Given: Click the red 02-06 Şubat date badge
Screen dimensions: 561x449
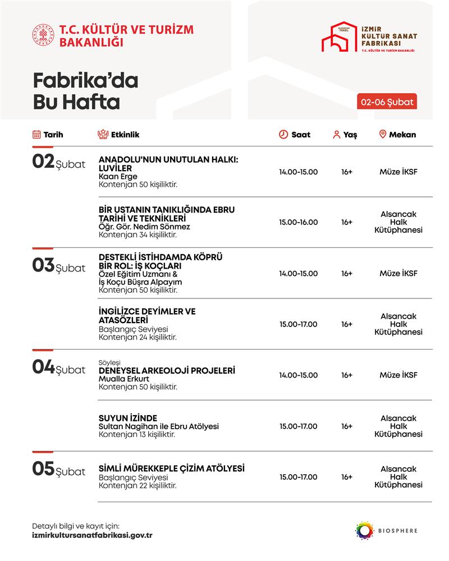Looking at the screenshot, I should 387,102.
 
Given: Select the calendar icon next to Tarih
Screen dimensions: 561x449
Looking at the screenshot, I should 36,135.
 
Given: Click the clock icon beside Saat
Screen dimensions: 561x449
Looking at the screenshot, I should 283,135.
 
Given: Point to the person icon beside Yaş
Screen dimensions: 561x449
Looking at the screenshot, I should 337,135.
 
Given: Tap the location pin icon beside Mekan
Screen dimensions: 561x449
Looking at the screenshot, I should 383,134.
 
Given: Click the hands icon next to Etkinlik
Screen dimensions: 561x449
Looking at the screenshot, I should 102,135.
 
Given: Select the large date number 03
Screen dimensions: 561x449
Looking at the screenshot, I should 43,265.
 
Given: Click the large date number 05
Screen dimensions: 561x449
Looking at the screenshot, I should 43,469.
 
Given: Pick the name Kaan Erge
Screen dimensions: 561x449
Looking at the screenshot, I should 114,176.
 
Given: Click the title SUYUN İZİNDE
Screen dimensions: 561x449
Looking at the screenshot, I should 128,417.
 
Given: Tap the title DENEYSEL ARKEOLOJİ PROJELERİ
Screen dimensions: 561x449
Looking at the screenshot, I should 167,371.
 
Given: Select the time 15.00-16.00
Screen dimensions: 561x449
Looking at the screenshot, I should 298,222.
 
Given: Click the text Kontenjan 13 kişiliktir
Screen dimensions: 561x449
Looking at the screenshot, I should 138,435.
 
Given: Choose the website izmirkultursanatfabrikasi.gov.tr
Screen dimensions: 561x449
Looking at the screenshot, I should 93,535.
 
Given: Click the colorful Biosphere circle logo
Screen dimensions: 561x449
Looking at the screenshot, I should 364,530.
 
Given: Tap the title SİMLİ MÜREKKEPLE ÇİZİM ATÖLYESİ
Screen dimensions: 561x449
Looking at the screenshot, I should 172,468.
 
